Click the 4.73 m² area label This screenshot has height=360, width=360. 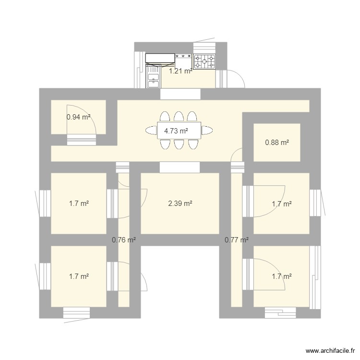[x=176, y=131]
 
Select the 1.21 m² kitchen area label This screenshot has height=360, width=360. [x=180, y=71]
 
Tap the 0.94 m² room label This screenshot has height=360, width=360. [x=78, y=116]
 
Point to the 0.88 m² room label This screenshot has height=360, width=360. [x=277, y=142]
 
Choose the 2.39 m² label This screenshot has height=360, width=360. [x=180, y=204]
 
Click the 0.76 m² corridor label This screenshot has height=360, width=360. [x=123, y=240]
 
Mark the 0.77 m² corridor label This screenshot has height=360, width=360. [x=236, y=240]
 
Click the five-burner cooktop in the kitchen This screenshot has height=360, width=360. [x=204, y=61]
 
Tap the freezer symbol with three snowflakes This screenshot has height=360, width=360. [x=183, y=57]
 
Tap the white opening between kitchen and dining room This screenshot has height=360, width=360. [x=180, y=94]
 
